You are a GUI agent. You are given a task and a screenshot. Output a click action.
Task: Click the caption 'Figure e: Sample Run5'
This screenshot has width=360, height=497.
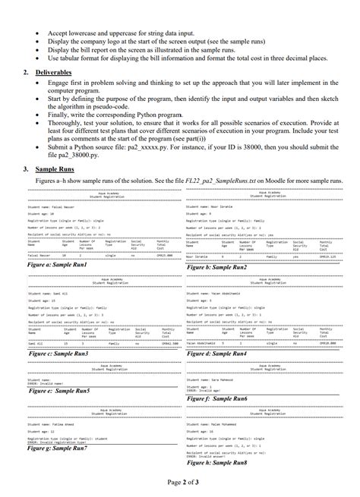point(58,390)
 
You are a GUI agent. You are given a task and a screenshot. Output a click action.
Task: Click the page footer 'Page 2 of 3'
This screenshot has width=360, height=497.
point(180,482)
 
